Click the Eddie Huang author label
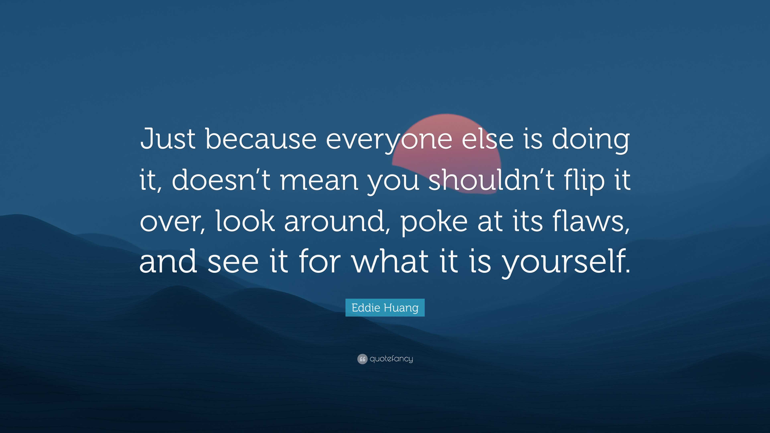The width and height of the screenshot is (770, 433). click(385, 308)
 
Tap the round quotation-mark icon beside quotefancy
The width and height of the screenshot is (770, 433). click(362, 359)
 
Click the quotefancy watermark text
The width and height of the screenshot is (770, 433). click(391, 359)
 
